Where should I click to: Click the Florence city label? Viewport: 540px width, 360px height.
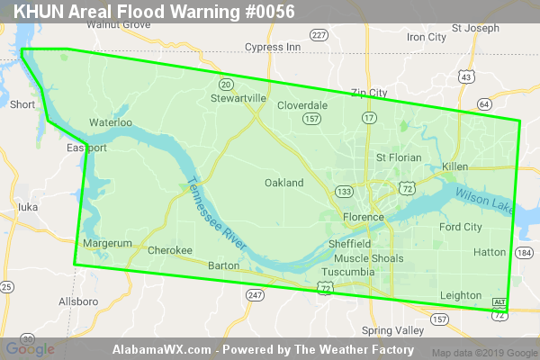pos(364,218)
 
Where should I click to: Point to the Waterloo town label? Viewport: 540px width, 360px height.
pos(111,122)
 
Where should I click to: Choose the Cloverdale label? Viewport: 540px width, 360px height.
pos(302,105)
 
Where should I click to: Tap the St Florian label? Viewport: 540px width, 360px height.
pos(399,157)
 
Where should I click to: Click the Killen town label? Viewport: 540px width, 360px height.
pos(455,167)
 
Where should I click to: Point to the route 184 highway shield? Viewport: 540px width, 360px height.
pos(524,253)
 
